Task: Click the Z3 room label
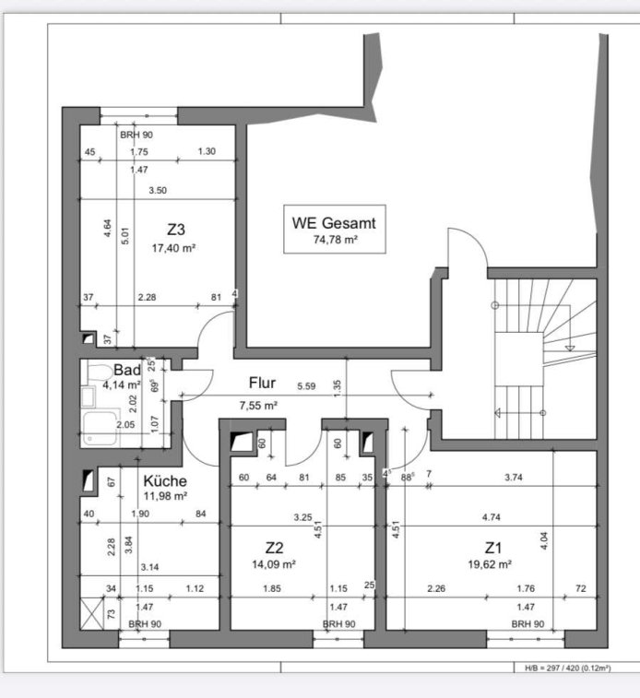tap(176, 230)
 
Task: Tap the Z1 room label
tap(493, 548)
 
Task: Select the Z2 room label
tap(274, 548)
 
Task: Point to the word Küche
tap(165, 480)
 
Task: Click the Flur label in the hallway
tap(262, 383)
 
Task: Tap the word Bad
tap(127, 370)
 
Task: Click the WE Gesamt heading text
tap(334, 223)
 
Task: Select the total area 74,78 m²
tap(336, 240)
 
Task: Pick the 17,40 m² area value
tap(173, 248)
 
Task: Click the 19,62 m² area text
tap(490, 564)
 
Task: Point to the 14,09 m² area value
tap(274, 564)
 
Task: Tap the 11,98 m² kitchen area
tap(165, 496)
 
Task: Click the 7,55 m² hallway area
tap(258, 406)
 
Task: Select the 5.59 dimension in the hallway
tap(307, 386)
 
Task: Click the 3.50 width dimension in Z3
tap(158, 191)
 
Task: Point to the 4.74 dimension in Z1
tap(492, 517)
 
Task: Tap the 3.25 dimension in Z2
tap(302, 517)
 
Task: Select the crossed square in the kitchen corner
tap(91, 614)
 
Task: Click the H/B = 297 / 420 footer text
tap(568, 668)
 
